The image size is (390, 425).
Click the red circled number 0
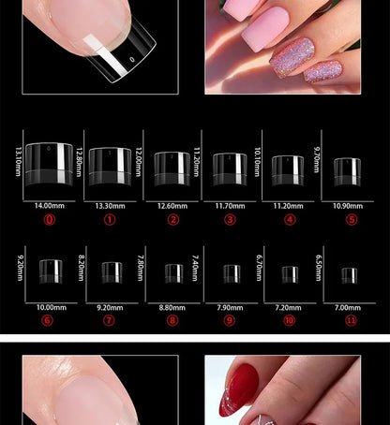(50, 220)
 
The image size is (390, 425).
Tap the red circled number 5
(352, 220)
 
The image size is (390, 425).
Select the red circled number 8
(172, 320)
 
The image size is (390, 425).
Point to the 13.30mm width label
(110, 204)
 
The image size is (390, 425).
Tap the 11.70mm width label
(230, 204)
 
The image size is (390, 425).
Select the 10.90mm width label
(347, 204)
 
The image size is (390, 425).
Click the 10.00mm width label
(51, 307)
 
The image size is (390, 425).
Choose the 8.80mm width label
(172, 307)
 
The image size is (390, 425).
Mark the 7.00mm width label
(349, 307)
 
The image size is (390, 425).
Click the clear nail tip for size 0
(50, 161)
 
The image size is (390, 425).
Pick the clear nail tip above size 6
(51, 271)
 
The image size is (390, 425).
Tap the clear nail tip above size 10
(290, 273)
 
